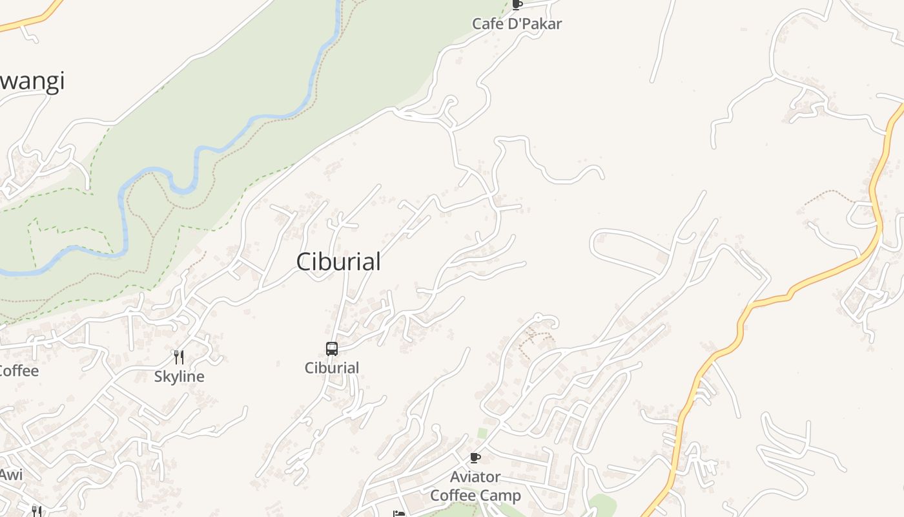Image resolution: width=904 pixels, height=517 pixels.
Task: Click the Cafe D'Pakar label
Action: point(517,24)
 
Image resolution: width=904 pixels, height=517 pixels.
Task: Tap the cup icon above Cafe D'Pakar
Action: point(517,5)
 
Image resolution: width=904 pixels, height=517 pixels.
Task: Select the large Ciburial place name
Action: point(338,262)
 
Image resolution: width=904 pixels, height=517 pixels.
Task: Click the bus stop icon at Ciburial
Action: point(332,349)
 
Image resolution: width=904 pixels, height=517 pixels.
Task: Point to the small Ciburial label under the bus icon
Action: point(332,368)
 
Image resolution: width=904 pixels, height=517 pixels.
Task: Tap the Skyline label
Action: point(179,376)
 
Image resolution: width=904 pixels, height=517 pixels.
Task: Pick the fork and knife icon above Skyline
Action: point(179,357)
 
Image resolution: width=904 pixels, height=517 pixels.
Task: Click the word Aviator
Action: point(475,477)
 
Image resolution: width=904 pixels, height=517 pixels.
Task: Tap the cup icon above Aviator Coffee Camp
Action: point(475,458)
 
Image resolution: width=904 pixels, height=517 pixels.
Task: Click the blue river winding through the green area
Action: point(194,155)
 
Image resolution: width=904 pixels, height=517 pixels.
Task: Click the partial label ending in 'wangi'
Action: point(32,82)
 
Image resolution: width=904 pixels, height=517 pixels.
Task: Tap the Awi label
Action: point(11,475)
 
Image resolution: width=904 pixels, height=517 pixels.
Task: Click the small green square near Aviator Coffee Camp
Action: point(482,433)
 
